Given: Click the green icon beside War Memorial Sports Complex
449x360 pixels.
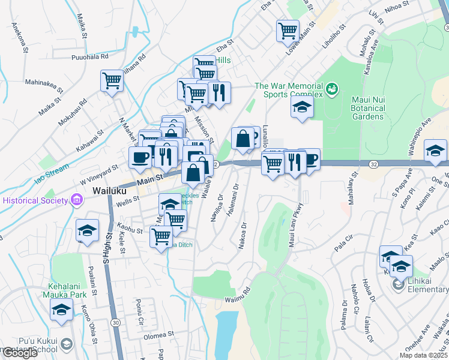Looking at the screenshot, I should tap(331, 90).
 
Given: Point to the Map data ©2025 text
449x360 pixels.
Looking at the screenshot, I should tap(423, 355).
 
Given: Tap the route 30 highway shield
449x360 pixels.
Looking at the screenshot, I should tap(114, 323).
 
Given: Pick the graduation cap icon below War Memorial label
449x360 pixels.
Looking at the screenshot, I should tap(302, 108).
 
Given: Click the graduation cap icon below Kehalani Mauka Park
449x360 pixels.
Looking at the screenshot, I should tap(60, 310).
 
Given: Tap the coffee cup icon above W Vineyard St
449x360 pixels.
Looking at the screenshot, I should tap(140, 158).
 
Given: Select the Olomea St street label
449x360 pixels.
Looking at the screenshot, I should tap(158, 334).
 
